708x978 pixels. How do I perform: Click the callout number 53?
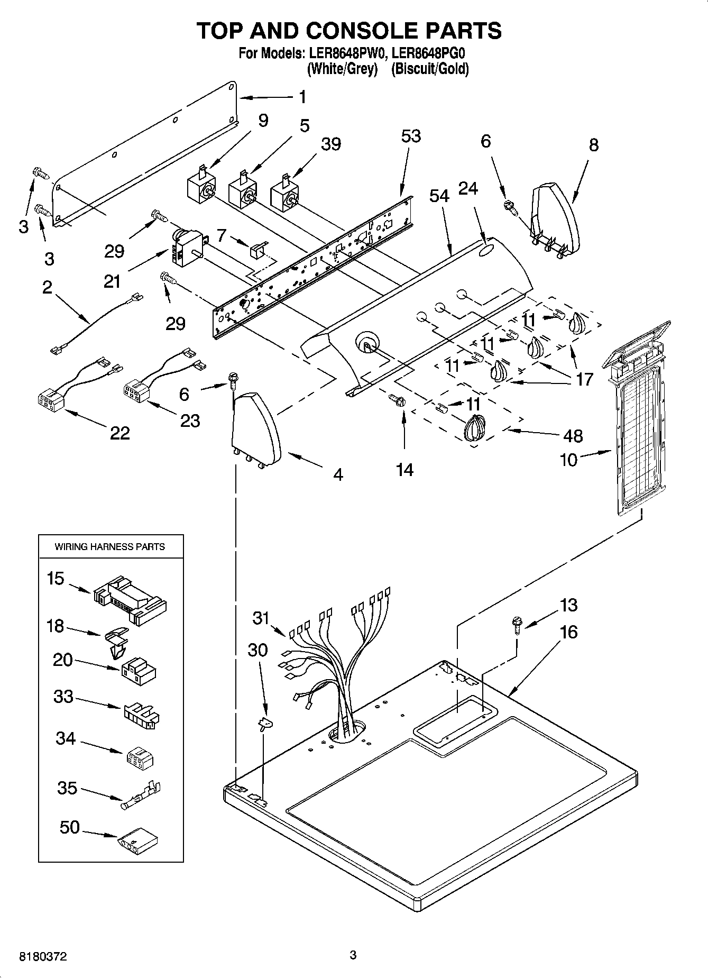(x=410, y=136)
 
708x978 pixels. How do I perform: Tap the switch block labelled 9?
(x=201, y=188)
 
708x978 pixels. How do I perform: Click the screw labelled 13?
(x=517, y=626)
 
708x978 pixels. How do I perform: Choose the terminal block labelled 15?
(x=130, y=601)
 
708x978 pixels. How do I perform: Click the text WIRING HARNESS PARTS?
(x=110, y=546)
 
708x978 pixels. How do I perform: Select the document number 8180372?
(x=43, y=956)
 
